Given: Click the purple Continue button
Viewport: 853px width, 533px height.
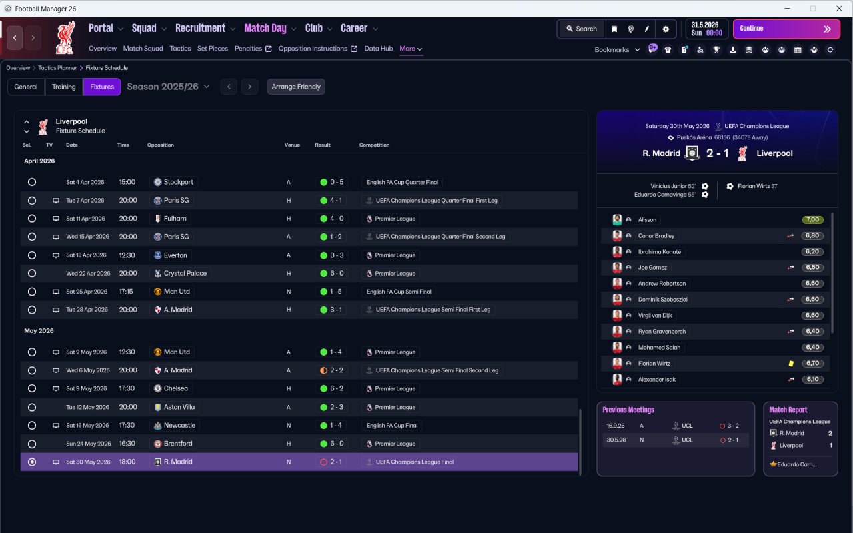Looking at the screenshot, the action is (x=786, y=29).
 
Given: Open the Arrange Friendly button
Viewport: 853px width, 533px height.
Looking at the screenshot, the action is (x=296, y=87).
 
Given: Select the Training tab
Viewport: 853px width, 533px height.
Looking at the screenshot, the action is (x=63, y=87).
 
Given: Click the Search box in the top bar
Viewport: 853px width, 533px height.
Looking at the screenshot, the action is (x=582, y=29).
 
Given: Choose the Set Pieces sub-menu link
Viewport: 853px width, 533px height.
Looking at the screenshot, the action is (x=213, y=49).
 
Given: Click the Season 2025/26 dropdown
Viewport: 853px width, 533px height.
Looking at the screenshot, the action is (x=168, y=87).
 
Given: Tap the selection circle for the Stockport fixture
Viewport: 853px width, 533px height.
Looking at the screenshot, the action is (x=32, y=182).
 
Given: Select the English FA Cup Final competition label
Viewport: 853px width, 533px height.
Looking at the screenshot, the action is (x=391, y=425).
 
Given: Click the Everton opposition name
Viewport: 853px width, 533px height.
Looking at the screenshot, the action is (x=175, y=255).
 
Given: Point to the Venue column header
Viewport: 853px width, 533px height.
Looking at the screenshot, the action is (x=292, y=145).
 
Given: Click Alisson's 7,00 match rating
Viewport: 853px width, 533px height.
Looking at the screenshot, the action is (x=812, y=219).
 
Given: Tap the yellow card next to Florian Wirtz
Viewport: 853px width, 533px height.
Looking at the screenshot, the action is (x=791, y=364).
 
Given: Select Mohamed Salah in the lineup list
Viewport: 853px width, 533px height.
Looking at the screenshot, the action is (x=659, y=347).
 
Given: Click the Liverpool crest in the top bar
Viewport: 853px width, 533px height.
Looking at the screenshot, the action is (x=65, y=37).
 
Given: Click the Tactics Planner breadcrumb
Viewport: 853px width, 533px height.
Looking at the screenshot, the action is (x=57, y=68).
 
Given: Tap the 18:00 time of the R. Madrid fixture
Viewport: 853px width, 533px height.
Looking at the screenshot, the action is (x=127, y=462).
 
